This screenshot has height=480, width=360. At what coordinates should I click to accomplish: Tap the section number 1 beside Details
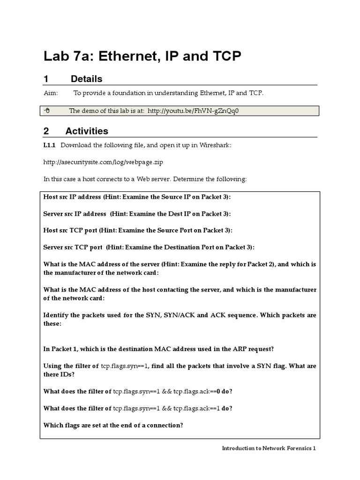[x=46, y=79]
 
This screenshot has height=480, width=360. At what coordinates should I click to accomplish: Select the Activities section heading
[x=87, y=131]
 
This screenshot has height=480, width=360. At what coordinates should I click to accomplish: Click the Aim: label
[x=51, y=93]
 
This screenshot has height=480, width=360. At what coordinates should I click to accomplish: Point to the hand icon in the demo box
[x=47, y=111]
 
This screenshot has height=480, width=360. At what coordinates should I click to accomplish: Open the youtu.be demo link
[x=195, y=111]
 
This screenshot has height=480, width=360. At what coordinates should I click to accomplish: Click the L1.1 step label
[x=50, y=145]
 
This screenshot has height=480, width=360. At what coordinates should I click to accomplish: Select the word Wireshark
[x=216, y=145]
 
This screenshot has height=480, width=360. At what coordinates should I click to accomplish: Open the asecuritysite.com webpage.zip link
[x=104, y=162]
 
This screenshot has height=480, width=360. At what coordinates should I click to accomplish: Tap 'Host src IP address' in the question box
[x=72, y=197]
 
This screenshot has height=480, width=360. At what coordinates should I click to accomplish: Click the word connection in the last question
[x=166, y=425]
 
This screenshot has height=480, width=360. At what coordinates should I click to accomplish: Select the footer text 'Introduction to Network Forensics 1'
[x=269, y=448]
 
